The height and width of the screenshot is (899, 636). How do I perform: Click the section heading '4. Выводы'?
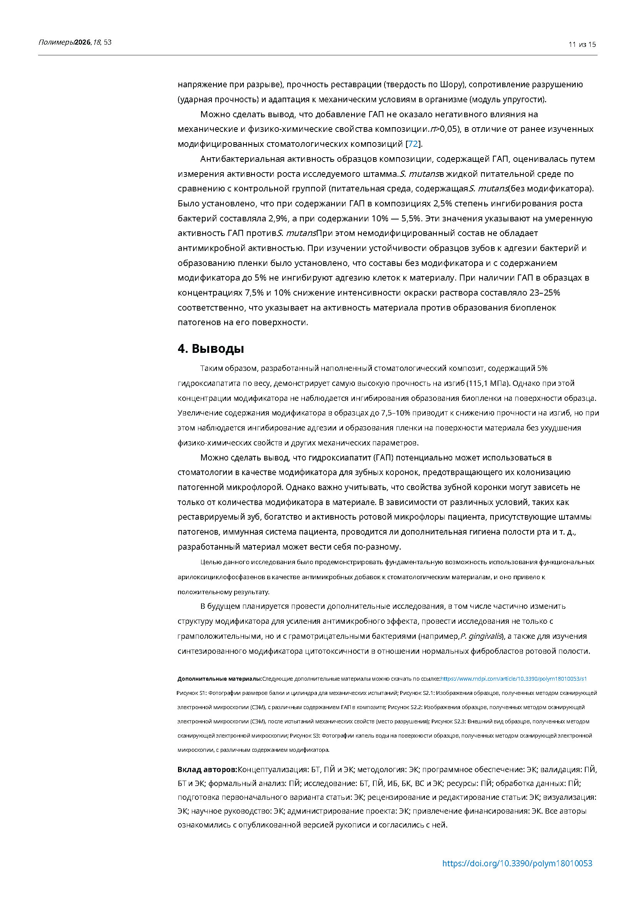[x=211, y=349]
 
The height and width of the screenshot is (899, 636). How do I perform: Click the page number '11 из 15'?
[x=582, y=45]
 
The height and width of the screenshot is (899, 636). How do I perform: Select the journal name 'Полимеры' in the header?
[x=56, y=42]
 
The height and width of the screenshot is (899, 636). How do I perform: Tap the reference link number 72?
[x=413, y=144]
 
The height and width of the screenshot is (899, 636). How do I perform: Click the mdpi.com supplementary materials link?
[x=513, y=678]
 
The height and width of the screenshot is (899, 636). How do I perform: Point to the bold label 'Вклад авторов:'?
[x=207, y=769]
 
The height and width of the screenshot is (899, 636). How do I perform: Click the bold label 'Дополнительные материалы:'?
[x=219, y=678]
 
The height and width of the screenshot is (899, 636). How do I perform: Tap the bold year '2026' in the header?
[x=82, y=42]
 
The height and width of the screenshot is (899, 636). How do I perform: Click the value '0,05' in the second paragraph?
[x=448, y=129]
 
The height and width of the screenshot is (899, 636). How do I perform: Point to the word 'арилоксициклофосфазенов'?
[x=221, y=577]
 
